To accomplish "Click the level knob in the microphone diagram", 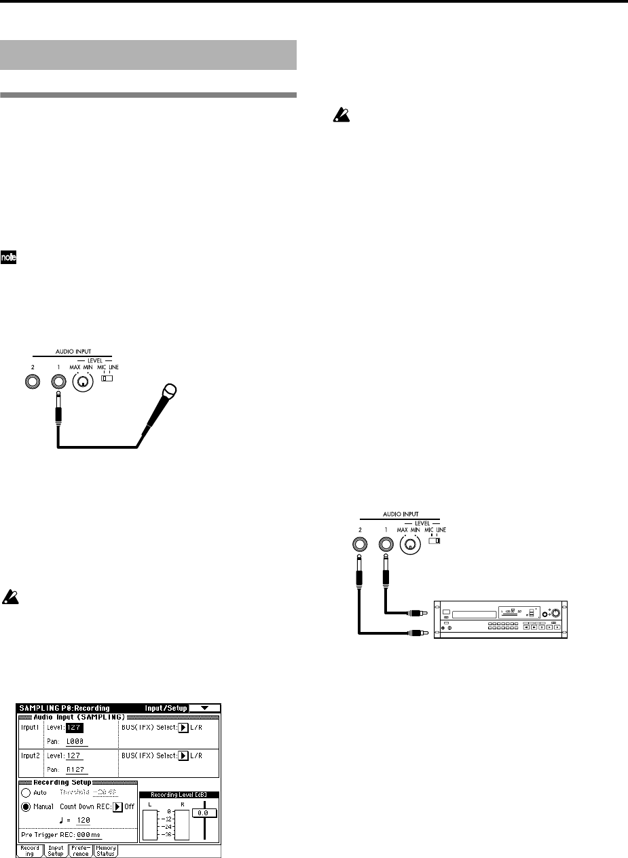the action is click(x=82, y=382).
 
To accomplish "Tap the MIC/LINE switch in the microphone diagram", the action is click(x=107, y=377).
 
